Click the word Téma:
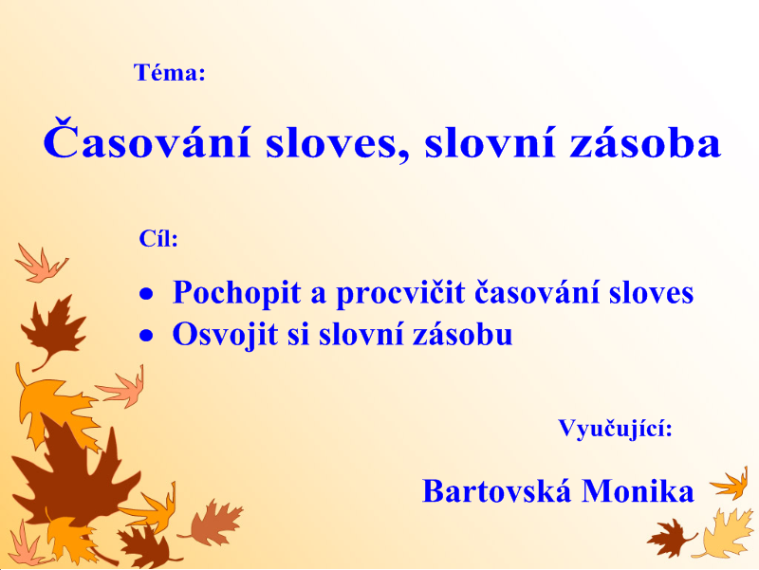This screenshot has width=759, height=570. tap(170, 73)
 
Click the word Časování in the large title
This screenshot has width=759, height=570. tap(147, 139)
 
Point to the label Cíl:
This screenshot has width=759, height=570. tap(158, 238)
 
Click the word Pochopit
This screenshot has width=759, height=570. tap(236, 293)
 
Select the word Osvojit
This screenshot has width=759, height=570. tap(226, 335)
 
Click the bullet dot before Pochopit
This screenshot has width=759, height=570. tap(146, 294)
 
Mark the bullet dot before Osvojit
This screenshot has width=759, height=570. tap(146, 336)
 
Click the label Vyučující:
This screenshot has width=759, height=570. tap(615, 429)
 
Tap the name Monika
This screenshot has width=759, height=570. tap(638, 490)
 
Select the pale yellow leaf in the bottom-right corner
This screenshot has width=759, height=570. tap(724, 534)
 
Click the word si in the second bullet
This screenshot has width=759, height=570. tap(298, 335)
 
